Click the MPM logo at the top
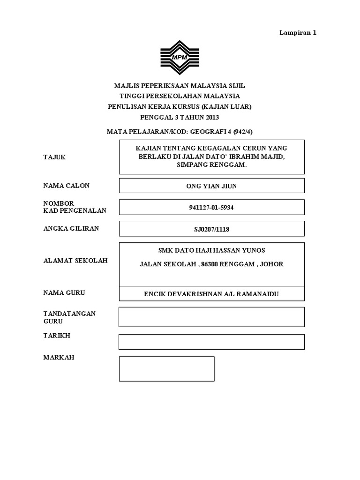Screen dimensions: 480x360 click(x=180, y=58)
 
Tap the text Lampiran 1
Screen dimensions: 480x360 click(x=298, y=33)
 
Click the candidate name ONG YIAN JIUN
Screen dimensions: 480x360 click(x=211, y=186)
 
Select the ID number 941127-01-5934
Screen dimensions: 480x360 click(x=211, y=208)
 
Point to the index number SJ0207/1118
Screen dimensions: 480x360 click(x=211, y=229)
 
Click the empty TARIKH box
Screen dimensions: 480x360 click(x=211, y=342)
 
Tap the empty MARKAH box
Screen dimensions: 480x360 click(x=166, y=368)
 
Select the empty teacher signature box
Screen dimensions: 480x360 click(x=211, y=317)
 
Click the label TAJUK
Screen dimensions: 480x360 click(x=54, y=157)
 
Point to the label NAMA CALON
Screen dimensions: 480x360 click(x=66, y=186)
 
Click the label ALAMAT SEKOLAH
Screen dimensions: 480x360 click(x=75, y=261)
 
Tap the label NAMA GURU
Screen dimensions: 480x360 click(x=64, y=292)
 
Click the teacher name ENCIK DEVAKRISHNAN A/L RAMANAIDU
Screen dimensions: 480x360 click(x=211, y=294)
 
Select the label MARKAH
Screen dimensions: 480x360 click(x=59, y=357)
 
